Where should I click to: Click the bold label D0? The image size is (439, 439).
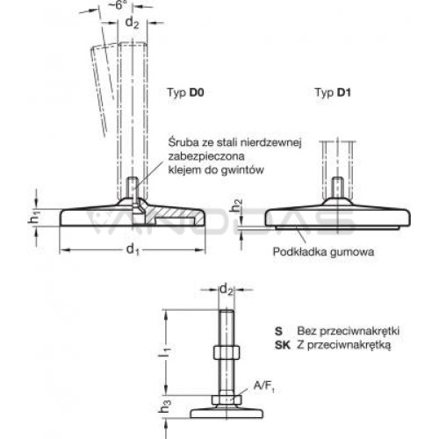(x=197, y=92)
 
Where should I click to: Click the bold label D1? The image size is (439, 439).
(x=344, y=92)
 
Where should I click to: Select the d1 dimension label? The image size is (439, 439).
(x=133, y=250)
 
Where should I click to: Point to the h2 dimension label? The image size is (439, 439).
(x=236, y=205)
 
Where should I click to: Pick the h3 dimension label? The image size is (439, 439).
(x=166, y=406)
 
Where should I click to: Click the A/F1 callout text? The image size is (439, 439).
(x=263, y=386)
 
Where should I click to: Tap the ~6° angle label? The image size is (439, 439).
(x=119, y=4)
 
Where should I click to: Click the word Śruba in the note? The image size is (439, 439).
(x=184, y=142)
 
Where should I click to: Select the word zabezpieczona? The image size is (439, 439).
(x=206, y=156)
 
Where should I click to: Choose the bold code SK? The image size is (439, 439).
(x=283, y=345)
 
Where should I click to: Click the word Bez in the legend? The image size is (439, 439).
(x=306, y=331)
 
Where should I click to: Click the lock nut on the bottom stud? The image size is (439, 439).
(x=227, y=352)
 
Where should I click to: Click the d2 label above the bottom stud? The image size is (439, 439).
(x=227, y=290)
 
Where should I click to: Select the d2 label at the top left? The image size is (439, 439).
(x=132, y=23)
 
